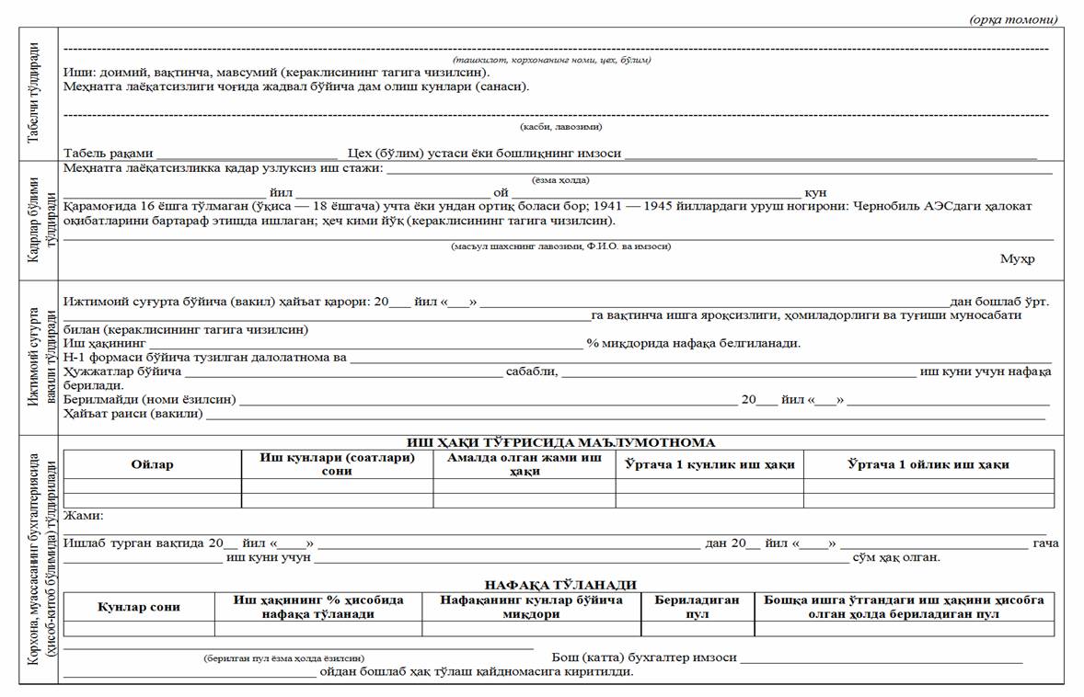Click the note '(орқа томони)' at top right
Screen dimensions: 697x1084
[x=1013, y=19]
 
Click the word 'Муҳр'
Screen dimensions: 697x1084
[x=1017, y=258]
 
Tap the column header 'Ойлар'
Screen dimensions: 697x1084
[x=152, y=464]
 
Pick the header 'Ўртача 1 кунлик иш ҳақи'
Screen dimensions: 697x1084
[x=709, y=464]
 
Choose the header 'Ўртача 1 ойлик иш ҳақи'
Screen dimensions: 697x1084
[x=928, y=464]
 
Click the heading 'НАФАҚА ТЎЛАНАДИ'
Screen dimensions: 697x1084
[x=560, y=585]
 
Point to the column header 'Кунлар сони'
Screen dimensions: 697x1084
[x=139, y=607]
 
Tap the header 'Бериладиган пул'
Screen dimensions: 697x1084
[x=697, y=607]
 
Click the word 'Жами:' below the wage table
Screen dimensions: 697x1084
[x=84, y=516]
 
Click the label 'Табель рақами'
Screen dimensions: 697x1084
[x=108, y=154]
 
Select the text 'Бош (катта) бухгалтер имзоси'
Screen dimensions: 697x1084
[x=644, y=657]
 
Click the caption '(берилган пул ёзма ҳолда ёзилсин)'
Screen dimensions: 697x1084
[x=283, y=658]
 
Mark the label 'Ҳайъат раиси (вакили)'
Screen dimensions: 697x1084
[x=133, y=414]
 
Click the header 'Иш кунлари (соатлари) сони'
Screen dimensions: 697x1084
[x=337, y=464]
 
